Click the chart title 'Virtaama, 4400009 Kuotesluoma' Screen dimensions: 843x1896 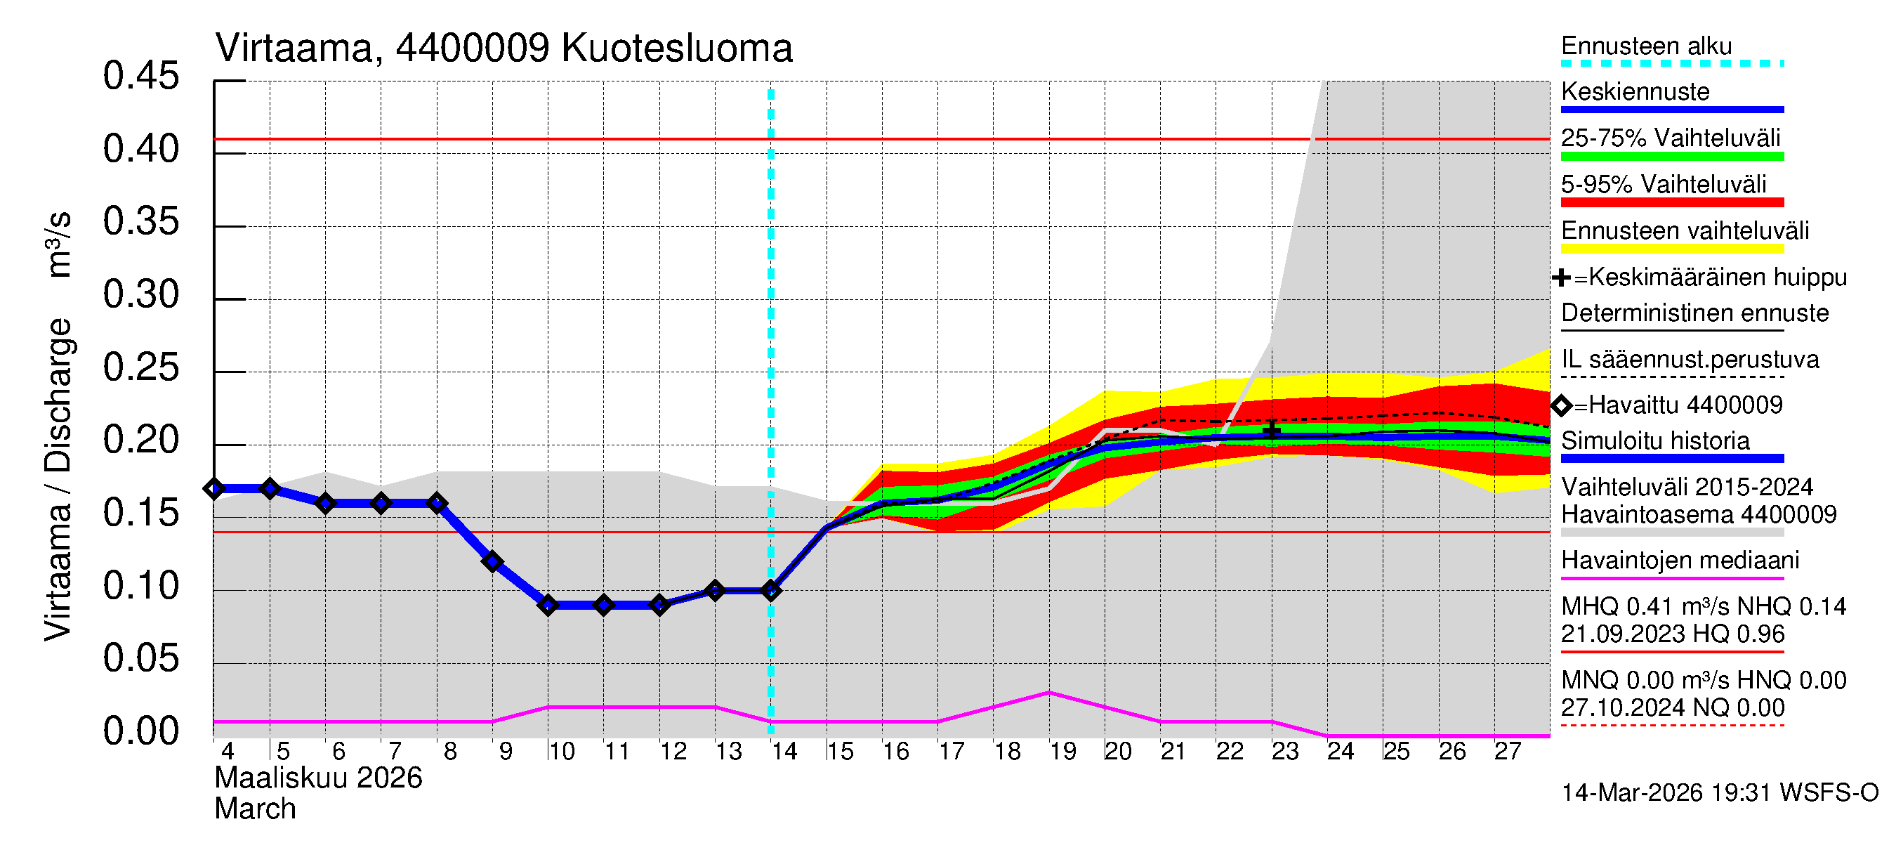(503, 48)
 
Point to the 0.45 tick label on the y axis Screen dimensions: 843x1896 (140, 77)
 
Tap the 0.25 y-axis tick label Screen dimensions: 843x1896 (140, 368)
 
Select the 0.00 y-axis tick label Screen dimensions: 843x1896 (140, 732)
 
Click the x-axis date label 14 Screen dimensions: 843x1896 (784, 752)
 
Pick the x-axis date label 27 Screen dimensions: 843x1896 (1508, 752)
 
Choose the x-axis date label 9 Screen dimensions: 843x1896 (506, 752)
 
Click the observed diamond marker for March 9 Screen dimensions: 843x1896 (492, 563)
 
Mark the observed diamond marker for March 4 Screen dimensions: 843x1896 (214, 489)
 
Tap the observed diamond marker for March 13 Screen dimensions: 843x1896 (715, 591)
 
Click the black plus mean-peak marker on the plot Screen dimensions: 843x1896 (1272, 430)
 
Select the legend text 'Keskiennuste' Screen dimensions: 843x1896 (1635, 92)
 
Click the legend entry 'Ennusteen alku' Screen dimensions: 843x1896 (1646, 46)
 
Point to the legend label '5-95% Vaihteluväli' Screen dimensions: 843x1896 (1664, 184)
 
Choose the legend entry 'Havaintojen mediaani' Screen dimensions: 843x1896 (1680, 561)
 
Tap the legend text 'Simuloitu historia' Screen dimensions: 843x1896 (1654, 441)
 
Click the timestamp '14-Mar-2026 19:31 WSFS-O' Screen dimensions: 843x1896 (1719, 793)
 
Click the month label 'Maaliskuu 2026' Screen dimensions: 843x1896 (318, 778)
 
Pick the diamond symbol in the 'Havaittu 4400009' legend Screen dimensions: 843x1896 (1561, 405)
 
